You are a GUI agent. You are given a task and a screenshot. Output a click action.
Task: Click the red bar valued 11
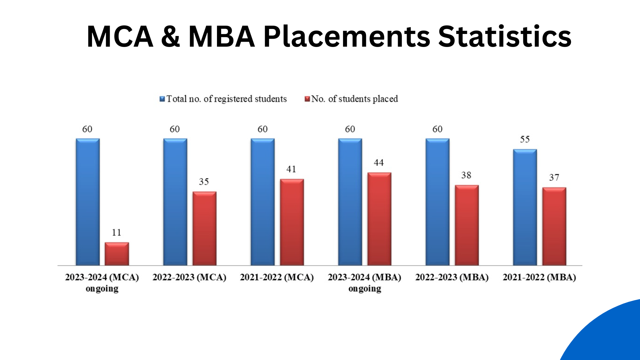[x=117, y=254]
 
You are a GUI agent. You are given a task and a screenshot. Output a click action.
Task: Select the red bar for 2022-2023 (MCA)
[x=204, y=229]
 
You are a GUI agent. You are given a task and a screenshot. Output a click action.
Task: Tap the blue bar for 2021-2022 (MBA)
[x=525, y=207]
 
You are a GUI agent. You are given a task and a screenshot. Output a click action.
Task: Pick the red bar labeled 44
[x=379, y=219]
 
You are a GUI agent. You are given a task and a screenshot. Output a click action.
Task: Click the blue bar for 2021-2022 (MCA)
[x=263, y=202]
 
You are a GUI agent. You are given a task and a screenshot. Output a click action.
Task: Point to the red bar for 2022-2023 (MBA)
[x=467, y=225]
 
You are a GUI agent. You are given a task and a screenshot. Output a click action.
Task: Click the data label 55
[x=525, y=139]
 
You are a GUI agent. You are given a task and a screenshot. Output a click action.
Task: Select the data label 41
[x=291, y=169]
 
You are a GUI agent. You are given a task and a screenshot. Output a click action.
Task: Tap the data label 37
[x=554, y=177]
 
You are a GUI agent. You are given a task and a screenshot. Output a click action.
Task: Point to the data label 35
[x=204, y=182]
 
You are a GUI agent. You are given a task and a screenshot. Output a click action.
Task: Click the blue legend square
[x=162, y=99]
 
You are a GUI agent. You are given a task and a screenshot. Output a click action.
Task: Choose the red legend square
[x=307, y=99]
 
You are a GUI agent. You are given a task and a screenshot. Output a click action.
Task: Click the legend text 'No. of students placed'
[x=355, y=99]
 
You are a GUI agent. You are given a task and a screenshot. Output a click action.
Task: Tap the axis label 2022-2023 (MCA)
[x=189, y=277]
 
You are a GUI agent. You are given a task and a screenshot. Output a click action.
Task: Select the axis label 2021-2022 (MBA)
[x=539, y=277]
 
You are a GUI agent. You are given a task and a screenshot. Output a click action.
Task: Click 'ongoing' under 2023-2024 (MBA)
[x=365, y=289]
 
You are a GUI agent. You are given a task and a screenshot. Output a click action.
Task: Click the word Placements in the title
[x=347, y=37]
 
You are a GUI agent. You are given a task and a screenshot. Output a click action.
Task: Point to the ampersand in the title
[x=171, y=37]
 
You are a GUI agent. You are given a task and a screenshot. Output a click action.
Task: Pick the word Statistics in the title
[x=505, y=37]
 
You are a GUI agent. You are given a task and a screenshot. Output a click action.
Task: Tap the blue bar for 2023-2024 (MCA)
[x=88, y=202]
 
